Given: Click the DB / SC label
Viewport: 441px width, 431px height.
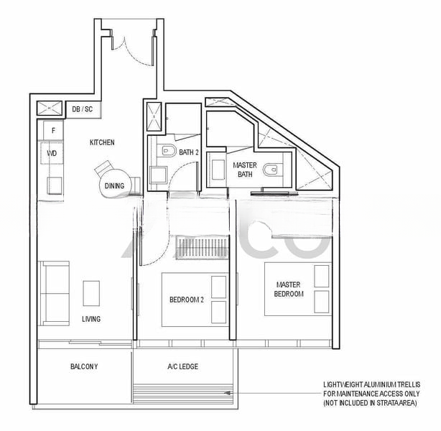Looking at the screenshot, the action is point(82,109).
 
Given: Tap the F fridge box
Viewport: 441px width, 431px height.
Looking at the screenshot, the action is point(53,130).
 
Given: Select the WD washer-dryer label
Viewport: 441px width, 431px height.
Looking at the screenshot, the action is point(52,153).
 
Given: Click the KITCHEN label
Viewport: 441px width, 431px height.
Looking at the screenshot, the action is point(102,142).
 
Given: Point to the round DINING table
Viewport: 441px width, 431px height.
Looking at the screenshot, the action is point(114,184).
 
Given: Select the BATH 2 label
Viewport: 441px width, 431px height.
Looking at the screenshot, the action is point(189,152).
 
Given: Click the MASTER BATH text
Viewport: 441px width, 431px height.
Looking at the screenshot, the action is point(245,170).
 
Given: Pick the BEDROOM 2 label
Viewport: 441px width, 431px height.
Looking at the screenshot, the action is point(187,300).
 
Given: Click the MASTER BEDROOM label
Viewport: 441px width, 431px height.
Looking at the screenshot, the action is point(289,289).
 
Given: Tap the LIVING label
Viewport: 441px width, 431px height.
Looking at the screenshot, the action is point(91,319).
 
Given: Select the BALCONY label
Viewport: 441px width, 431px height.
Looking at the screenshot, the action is point(84,366).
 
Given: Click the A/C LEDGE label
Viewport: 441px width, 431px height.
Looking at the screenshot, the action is point(183,366).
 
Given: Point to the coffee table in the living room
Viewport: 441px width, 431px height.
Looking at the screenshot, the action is point(91,293).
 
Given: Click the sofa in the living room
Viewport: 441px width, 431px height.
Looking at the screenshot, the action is point(53,293).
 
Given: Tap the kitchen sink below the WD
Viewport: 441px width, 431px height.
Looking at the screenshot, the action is point(55,185).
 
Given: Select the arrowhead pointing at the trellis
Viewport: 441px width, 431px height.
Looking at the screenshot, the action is point(228,394).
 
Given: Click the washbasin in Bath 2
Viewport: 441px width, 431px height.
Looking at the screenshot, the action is point(158,175).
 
